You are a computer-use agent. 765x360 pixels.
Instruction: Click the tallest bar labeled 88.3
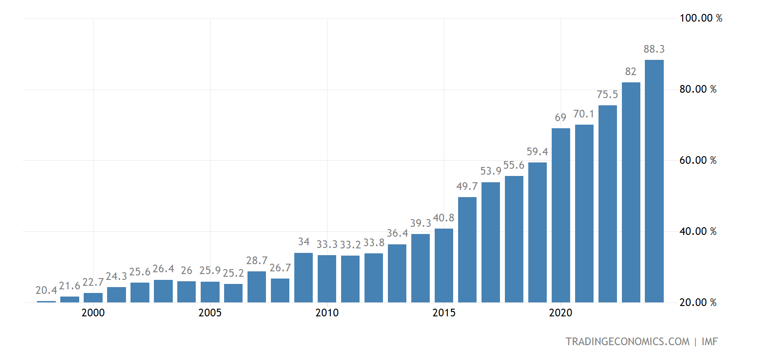tap(654, 181)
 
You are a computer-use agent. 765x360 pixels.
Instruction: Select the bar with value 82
tap(631, 192)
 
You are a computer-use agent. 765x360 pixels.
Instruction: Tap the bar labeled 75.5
tap(607, 204)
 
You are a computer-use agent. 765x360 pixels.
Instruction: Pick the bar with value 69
tap(561, 215)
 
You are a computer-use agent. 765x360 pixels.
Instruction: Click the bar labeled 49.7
tap(467, 250)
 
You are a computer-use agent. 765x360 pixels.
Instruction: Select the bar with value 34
tap(303, 278)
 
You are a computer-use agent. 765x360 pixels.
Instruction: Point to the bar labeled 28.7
tap(256, 287)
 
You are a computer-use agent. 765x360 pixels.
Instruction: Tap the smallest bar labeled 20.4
tap(46, 301)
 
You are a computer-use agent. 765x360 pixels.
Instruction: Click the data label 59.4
tap(537, 152)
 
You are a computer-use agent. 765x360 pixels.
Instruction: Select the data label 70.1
tap(584, 114)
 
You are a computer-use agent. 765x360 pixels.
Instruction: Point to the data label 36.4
tap(397, 233)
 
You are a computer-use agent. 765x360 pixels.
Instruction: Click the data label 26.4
tap(163, 269)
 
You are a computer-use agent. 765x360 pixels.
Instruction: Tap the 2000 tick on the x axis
tap(93, 313)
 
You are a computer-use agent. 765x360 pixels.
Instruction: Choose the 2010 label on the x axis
tap(327, 313)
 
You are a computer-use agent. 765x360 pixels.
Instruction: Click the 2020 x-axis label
tap(561, 313)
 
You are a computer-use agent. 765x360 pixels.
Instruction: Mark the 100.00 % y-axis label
tap(701, 18)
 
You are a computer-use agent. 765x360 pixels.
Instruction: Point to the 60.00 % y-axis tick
tap(698, 160)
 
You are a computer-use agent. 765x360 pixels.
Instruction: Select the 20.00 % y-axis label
tap(698, 302)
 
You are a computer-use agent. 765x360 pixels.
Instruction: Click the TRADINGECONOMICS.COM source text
tap(627, 342)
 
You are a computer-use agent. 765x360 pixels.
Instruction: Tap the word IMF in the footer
tap(710, 342)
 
